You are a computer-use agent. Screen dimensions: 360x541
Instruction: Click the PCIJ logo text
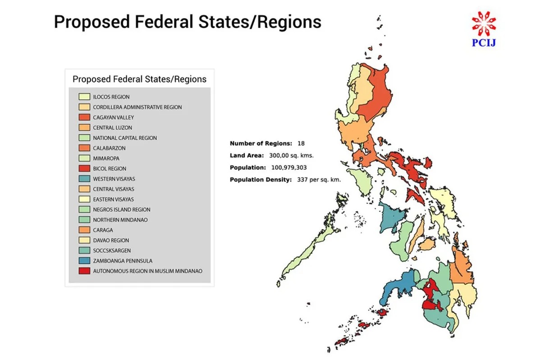[x=484, y=43]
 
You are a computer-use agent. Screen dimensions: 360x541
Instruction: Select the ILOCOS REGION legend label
[x=111, y=97]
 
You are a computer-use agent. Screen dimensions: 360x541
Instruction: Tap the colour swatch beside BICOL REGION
[x=84, y=169]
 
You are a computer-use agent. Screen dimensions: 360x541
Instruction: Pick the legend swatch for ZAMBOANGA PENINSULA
[x=84, y=261]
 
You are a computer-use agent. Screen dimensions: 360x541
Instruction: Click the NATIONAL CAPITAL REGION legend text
[x=125, y=138]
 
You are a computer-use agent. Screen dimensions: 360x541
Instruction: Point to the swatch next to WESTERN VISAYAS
[x=84, y=179]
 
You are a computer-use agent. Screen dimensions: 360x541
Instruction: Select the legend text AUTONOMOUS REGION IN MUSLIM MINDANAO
[x=147, y=271]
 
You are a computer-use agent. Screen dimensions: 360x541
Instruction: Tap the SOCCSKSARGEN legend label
[x=112, y=251]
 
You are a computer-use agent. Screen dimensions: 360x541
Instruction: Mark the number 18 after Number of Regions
[x=301, y=143]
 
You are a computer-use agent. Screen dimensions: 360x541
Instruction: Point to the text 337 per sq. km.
[x=319, y=179]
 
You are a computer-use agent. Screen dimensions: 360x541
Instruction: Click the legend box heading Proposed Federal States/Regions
[x=139, y=79]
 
